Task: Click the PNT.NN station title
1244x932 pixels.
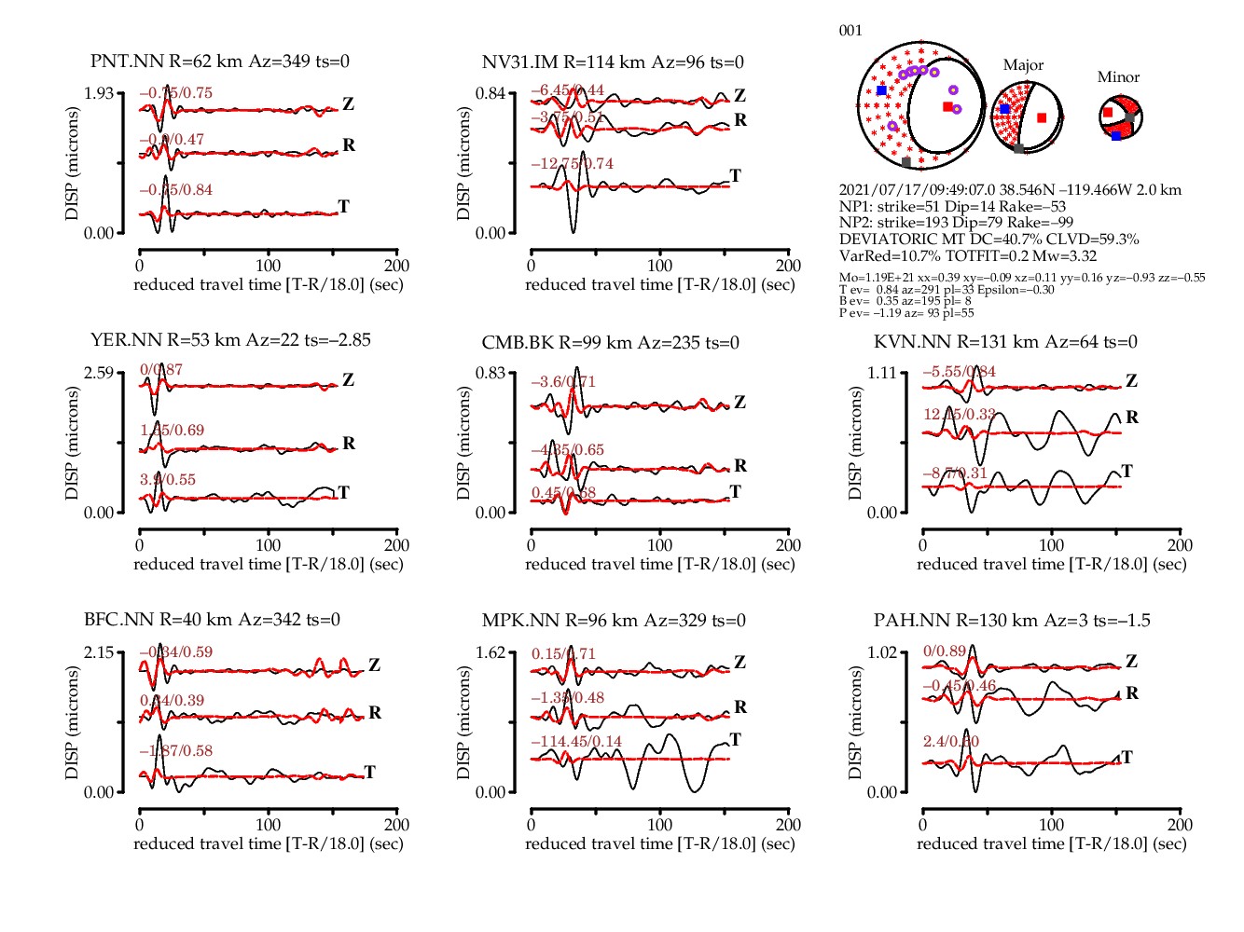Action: (x=220, y=62)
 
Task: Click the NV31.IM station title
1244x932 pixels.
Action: (x=613, y=62)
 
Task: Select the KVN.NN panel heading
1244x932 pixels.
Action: (x=1005, y=342)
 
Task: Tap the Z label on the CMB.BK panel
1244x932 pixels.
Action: (x=739, y=403)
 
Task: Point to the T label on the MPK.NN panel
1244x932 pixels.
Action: (x=735, y=740)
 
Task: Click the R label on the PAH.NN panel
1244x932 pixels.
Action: (x=1132, y=693)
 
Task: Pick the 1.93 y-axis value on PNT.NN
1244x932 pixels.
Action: (x=99, y=93)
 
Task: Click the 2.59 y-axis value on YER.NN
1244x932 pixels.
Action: (x=99, y=373)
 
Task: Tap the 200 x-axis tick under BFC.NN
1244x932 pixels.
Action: (x=397, y=825)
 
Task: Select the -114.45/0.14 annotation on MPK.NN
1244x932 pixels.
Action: (x=576, y=742)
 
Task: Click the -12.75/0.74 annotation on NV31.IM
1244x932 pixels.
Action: (x=573, y=164)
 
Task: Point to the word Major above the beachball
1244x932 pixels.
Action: (x=1023, y=65)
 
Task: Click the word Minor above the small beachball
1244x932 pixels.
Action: (x=1118, y=77)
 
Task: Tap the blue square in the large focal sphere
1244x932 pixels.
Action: (x=882, y=90)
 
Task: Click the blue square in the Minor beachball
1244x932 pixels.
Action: (x=1116, y=136)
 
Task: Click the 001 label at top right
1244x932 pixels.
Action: (x=850, y=31)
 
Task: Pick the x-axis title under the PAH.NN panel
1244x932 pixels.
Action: (x=1052, y=843)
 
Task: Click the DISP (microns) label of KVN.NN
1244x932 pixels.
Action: (x=855, y=443)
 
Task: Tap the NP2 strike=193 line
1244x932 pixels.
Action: (x=956, y=223)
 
